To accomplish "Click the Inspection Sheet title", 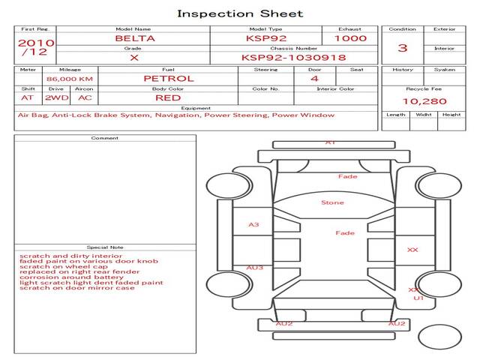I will click(x=240, y=13).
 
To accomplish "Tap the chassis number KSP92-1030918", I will click(x=293, y=57).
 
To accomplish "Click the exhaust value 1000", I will click(x=351, y=38).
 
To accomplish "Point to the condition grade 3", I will click(x=403, y=48).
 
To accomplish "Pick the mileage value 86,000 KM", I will click(x=69, y=79).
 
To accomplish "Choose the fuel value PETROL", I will click(x=168, y=78).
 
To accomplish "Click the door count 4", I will click(x=314, y=78).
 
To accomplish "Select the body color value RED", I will click(x=168, y=97).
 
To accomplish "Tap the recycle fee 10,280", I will click(x=424, y=101).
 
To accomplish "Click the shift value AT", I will click(x=27, y=97).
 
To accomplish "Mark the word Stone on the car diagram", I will click(x=332, y=202).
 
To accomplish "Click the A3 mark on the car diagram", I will click(x=253, y=225).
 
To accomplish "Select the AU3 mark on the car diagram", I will click(x=254, y=268).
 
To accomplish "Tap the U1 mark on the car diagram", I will click(x=418, y=298).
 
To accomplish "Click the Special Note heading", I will click(x=105, y=247).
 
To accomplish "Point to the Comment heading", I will click(x=105, y=138).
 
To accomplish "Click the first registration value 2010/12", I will click(x=35, y=47).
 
